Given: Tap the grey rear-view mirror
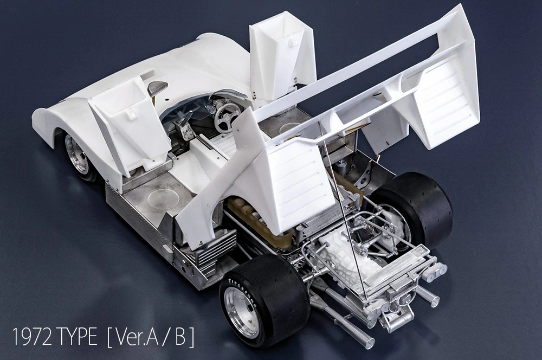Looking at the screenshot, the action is (157, 88).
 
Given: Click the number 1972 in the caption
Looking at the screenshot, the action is (34, 337).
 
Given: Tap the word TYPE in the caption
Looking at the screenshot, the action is (79, 337).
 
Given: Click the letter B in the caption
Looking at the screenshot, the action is (180, 337).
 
